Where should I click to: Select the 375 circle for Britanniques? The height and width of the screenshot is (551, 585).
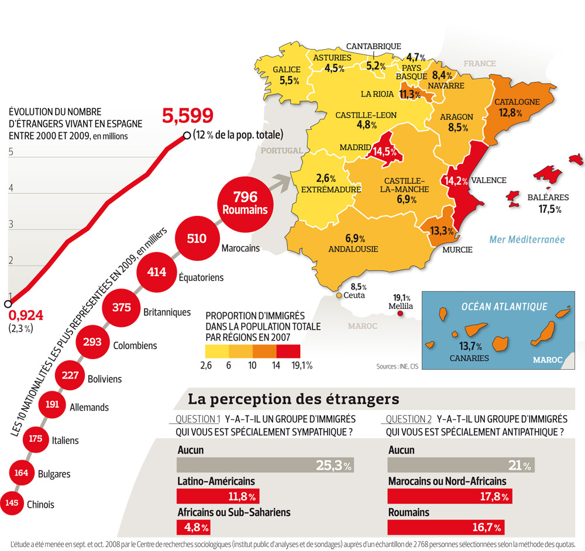(121, 307)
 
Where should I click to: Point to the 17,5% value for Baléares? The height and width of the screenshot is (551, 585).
(549, 209)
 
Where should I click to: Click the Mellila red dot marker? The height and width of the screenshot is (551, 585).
(401, 314)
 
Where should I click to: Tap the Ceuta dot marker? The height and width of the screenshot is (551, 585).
(339, 295)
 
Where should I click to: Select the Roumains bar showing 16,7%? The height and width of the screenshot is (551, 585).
(448, 528)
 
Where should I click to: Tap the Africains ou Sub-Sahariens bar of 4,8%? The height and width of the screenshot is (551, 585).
(194, 528)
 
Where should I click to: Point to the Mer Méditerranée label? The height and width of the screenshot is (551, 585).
(527, 239)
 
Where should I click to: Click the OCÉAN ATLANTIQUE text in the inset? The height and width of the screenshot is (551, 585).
(504, 307)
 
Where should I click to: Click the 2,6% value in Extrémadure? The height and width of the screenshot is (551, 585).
(326, 178)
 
